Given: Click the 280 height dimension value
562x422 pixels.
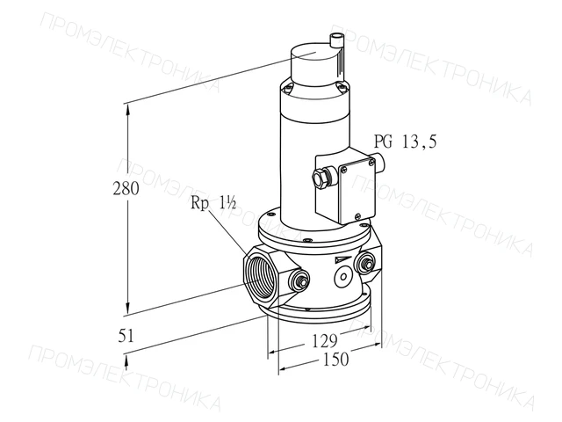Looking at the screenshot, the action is click(x=126, y=188).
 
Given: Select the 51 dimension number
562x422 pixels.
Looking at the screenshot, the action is click(x=126, y=336).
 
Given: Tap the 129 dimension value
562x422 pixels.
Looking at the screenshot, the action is click(x=324, y=340).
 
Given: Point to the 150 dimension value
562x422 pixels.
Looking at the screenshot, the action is click(x=335, y=360).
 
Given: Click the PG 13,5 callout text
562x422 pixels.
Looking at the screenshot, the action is click(x=406, y=142).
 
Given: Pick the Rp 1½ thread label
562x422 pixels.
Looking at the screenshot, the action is click(x=213, y=203).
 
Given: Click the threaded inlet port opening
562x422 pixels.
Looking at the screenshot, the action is click(x=260, y=275).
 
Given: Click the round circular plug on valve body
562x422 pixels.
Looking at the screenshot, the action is click(x=343, y=277).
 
